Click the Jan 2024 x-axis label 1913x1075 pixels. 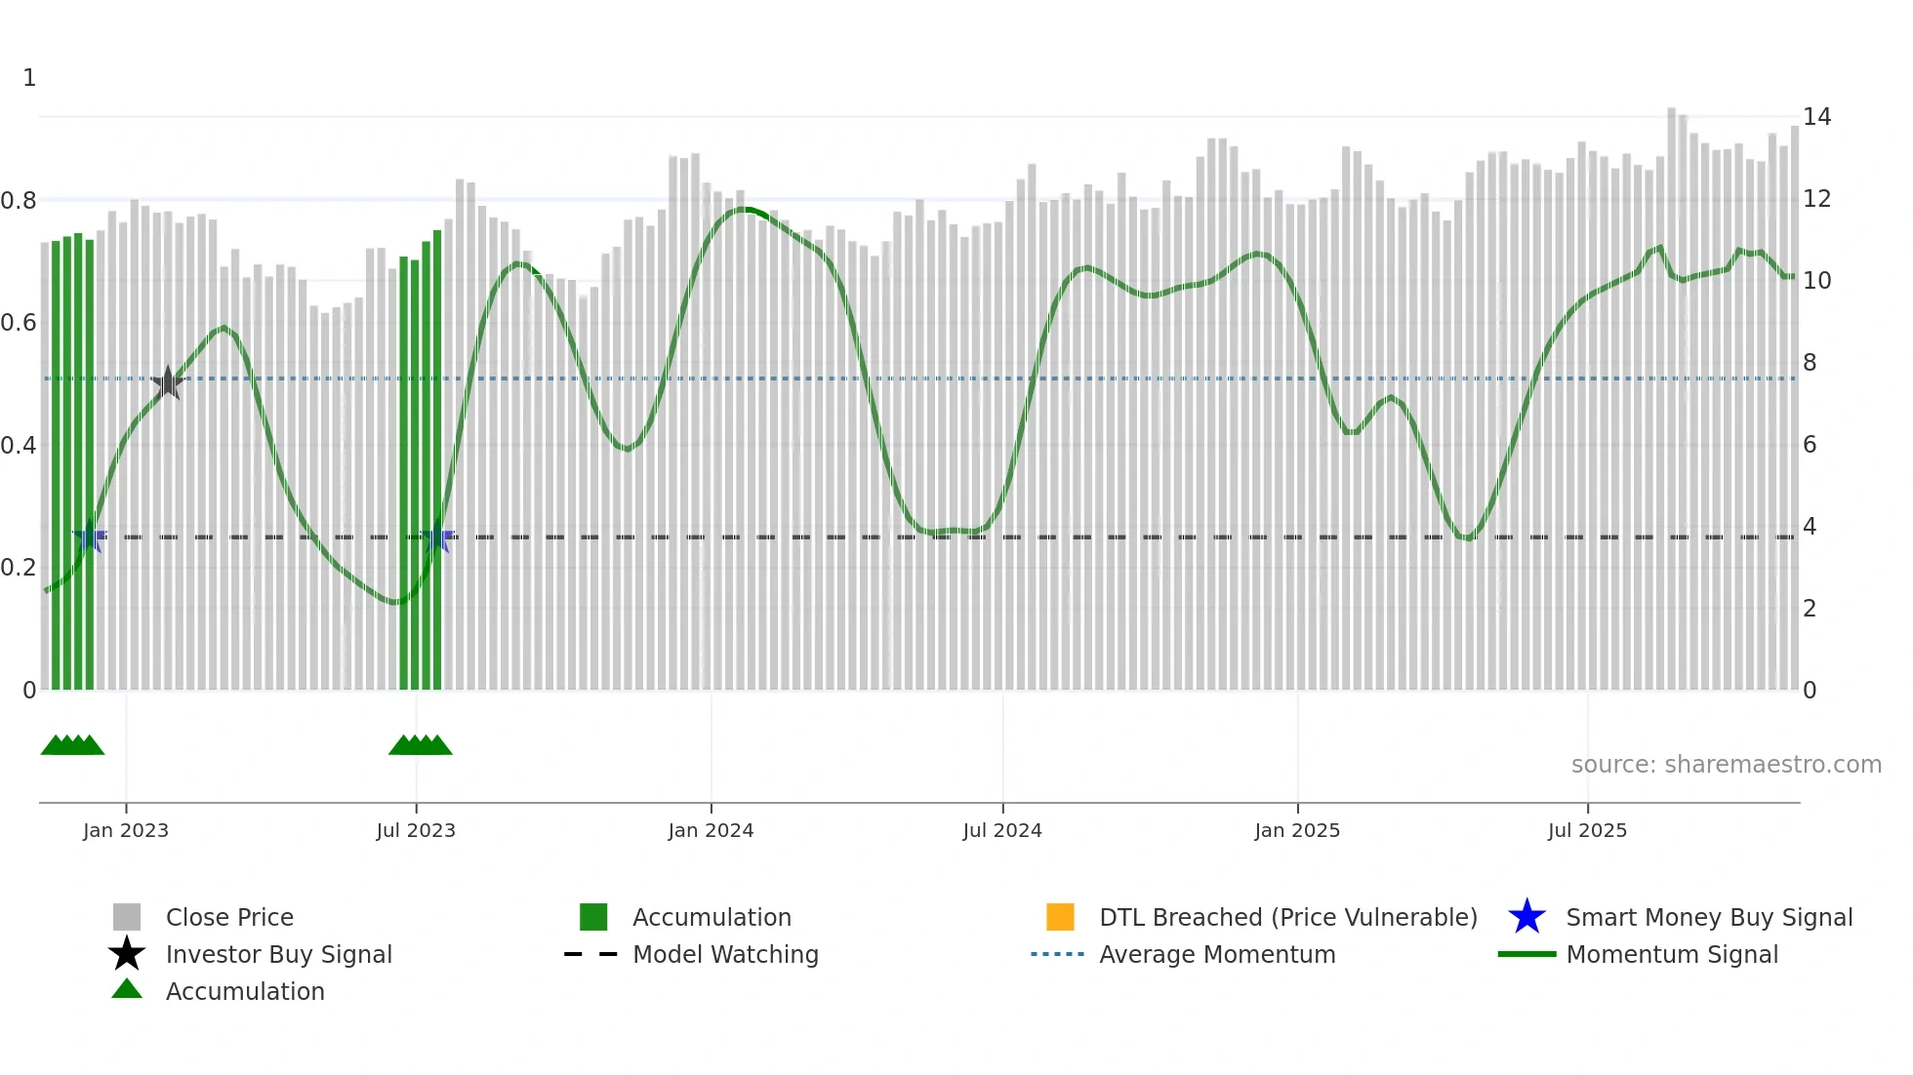coord(711,830)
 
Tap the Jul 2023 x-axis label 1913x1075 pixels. coord(416,830)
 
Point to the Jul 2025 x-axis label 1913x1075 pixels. coord(1587,830)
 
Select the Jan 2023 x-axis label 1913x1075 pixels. coord(126,830)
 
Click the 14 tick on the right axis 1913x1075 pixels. coord(1816,117)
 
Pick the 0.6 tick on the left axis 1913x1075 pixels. coord(19,323)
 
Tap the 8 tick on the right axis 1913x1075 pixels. coord(1810,363)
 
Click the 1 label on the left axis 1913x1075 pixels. coord(29,78)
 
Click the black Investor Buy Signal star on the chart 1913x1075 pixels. coord(168,382)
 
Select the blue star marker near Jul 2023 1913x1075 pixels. coord(437,537)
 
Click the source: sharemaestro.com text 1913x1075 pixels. coord(1726,765)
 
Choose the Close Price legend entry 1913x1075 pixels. coord(229,917)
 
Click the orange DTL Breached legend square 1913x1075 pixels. coord(1060,917)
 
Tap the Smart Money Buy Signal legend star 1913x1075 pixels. coord(1526,917)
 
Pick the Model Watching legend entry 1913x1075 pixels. coord(724,954)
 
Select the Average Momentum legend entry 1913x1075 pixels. coord(1216,954)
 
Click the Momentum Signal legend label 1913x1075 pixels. coord(1671,954)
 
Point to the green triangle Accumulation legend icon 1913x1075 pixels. coord(127,989)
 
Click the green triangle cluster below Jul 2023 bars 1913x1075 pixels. coord(421,745)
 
